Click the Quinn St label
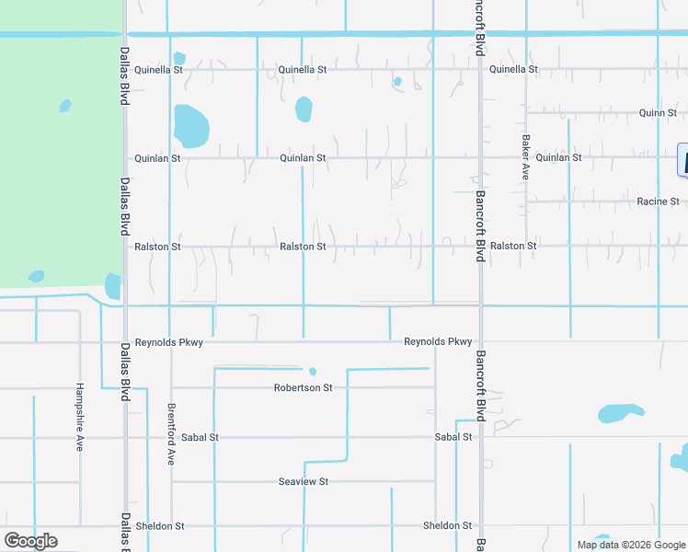click(x=658, y=113)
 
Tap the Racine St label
click(x=658, y=201)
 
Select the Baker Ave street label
click(x=526, y=157)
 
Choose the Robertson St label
click(x=303, y=387)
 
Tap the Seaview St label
click(x=304, y=481)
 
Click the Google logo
click(x=30, y=540)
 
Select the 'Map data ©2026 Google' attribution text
click(x=631, y=545)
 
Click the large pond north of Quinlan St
click(x=191, y=126)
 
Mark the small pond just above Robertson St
click(x=313, y=372)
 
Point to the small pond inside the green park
click(x=65, y=106)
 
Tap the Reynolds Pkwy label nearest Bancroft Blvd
click(x=438, y=342)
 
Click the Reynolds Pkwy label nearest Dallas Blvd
click(x=168, y=342)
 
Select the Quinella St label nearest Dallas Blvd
click(x=159, y=69)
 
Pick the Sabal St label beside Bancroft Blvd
click(x=453, y=437)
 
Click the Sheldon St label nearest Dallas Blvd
click(x=160, y=526)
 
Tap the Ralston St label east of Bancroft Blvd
click(x=513, y=246)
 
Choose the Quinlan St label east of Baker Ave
click(x=558, y=157)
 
